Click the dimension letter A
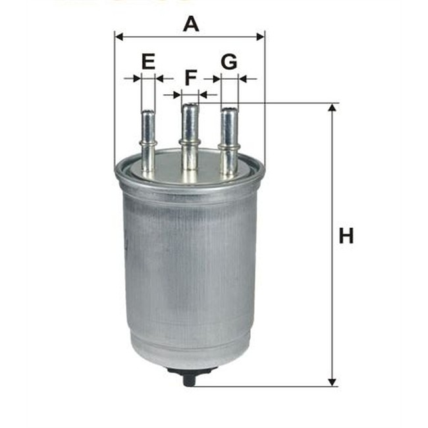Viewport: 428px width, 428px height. coord(190,24)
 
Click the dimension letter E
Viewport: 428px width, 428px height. coord(148,63)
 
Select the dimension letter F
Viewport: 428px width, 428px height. coord(190,78)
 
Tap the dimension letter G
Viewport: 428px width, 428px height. coord(228,63)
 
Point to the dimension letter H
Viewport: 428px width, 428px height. coord(346,235)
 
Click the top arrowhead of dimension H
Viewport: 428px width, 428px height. coord(332,107)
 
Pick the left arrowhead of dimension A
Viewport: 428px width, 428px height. coord(119,36)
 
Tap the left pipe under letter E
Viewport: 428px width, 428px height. coord(148,142)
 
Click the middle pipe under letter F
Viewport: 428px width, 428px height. coord(190,135)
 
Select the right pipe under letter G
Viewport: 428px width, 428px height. coord(228,142)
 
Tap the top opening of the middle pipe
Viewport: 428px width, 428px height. coord(190,105)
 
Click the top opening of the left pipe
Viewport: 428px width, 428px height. coord(147,113)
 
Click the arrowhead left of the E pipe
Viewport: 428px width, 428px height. coord(137,78)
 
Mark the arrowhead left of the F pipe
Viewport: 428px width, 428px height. coord(176,95)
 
